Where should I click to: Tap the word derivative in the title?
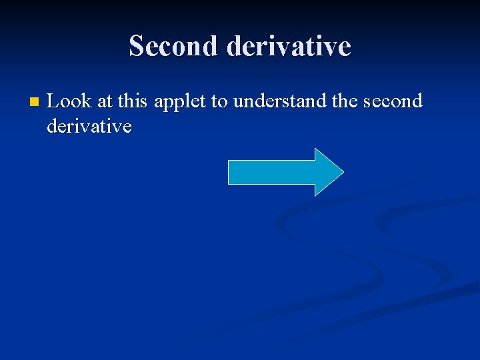point(289,46)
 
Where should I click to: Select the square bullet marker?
point(35,103)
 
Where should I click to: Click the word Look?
point(69,101)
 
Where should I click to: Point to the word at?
point(105,101)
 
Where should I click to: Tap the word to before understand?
point(221,101)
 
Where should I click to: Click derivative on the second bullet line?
point(89,126)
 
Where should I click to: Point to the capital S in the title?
point(136,46)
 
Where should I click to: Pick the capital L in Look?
point(53,101)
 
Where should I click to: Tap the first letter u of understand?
point(238,102)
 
